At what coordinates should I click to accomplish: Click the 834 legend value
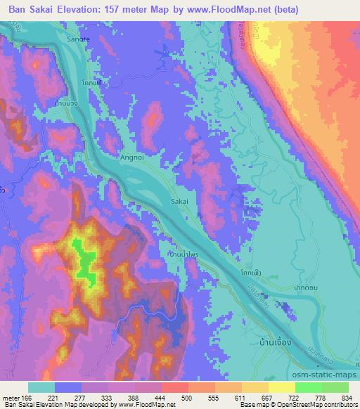pyautogui.click(x=347, y=398)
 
